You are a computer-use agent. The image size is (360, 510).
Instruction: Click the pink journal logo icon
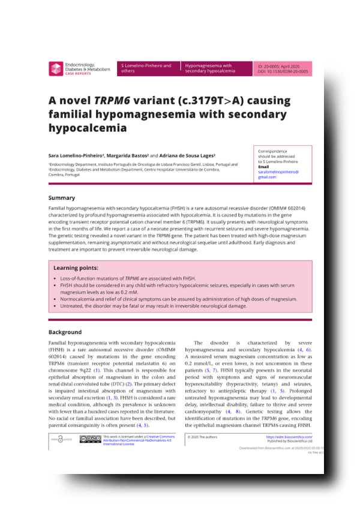pyautogui.click(x=56, y=68)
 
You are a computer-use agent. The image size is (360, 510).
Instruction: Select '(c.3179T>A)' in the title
pyautogui.click(x=211, y=100)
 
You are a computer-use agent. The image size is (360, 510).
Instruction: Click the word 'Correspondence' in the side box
pyautogui.click(x=272, y=151)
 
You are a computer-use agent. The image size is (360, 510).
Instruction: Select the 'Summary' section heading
pyautogui.click(x=62, y=198)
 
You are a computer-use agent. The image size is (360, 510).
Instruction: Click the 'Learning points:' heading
pyautogui.click(x=76, y=268)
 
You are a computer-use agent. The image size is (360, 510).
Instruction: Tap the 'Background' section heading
pyautogui.click(x=65, y=332)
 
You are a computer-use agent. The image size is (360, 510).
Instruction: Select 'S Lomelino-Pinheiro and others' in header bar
pyautogui.click(x=148, y=68)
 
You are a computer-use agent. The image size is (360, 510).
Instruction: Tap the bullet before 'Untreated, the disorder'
pyautogui.click(x=55, y=306)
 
